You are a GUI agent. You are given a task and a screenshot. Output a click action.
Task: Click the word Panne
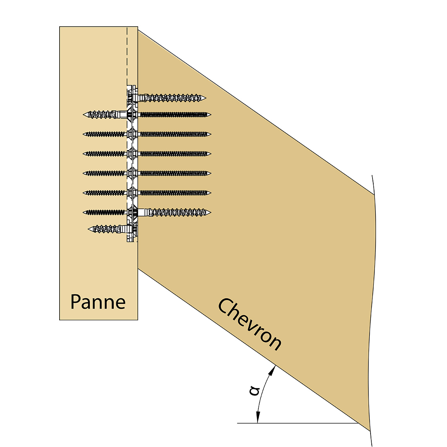coord(98,302)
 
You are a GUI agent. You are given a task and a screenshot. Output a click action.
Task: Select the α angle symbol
coord(255,391)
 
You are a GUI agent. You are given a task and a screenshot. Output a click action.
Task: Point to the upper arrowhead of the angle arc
coord(273,368)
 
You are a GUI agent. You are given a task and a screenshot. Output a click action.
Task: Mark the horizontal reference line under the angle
coord(298,423)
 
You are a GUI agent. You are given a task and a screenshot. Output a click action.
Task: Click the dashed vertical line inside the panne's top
coord(127,55)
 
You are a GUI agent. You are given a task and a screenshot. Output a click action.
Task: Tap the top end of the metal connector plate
coord(131,85)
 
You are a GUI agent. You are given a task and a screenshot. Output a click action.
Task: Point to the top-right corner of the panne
coord(138,27)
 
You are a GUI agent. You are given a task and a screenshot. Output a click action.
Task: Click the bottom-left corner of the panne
coord(60,320)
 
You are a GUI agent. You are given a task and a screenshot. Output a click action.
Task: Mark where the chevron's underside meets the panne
coord(138,268)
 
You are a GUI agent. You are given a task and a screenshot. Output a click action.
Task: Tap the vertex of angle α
coord(359,423)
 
